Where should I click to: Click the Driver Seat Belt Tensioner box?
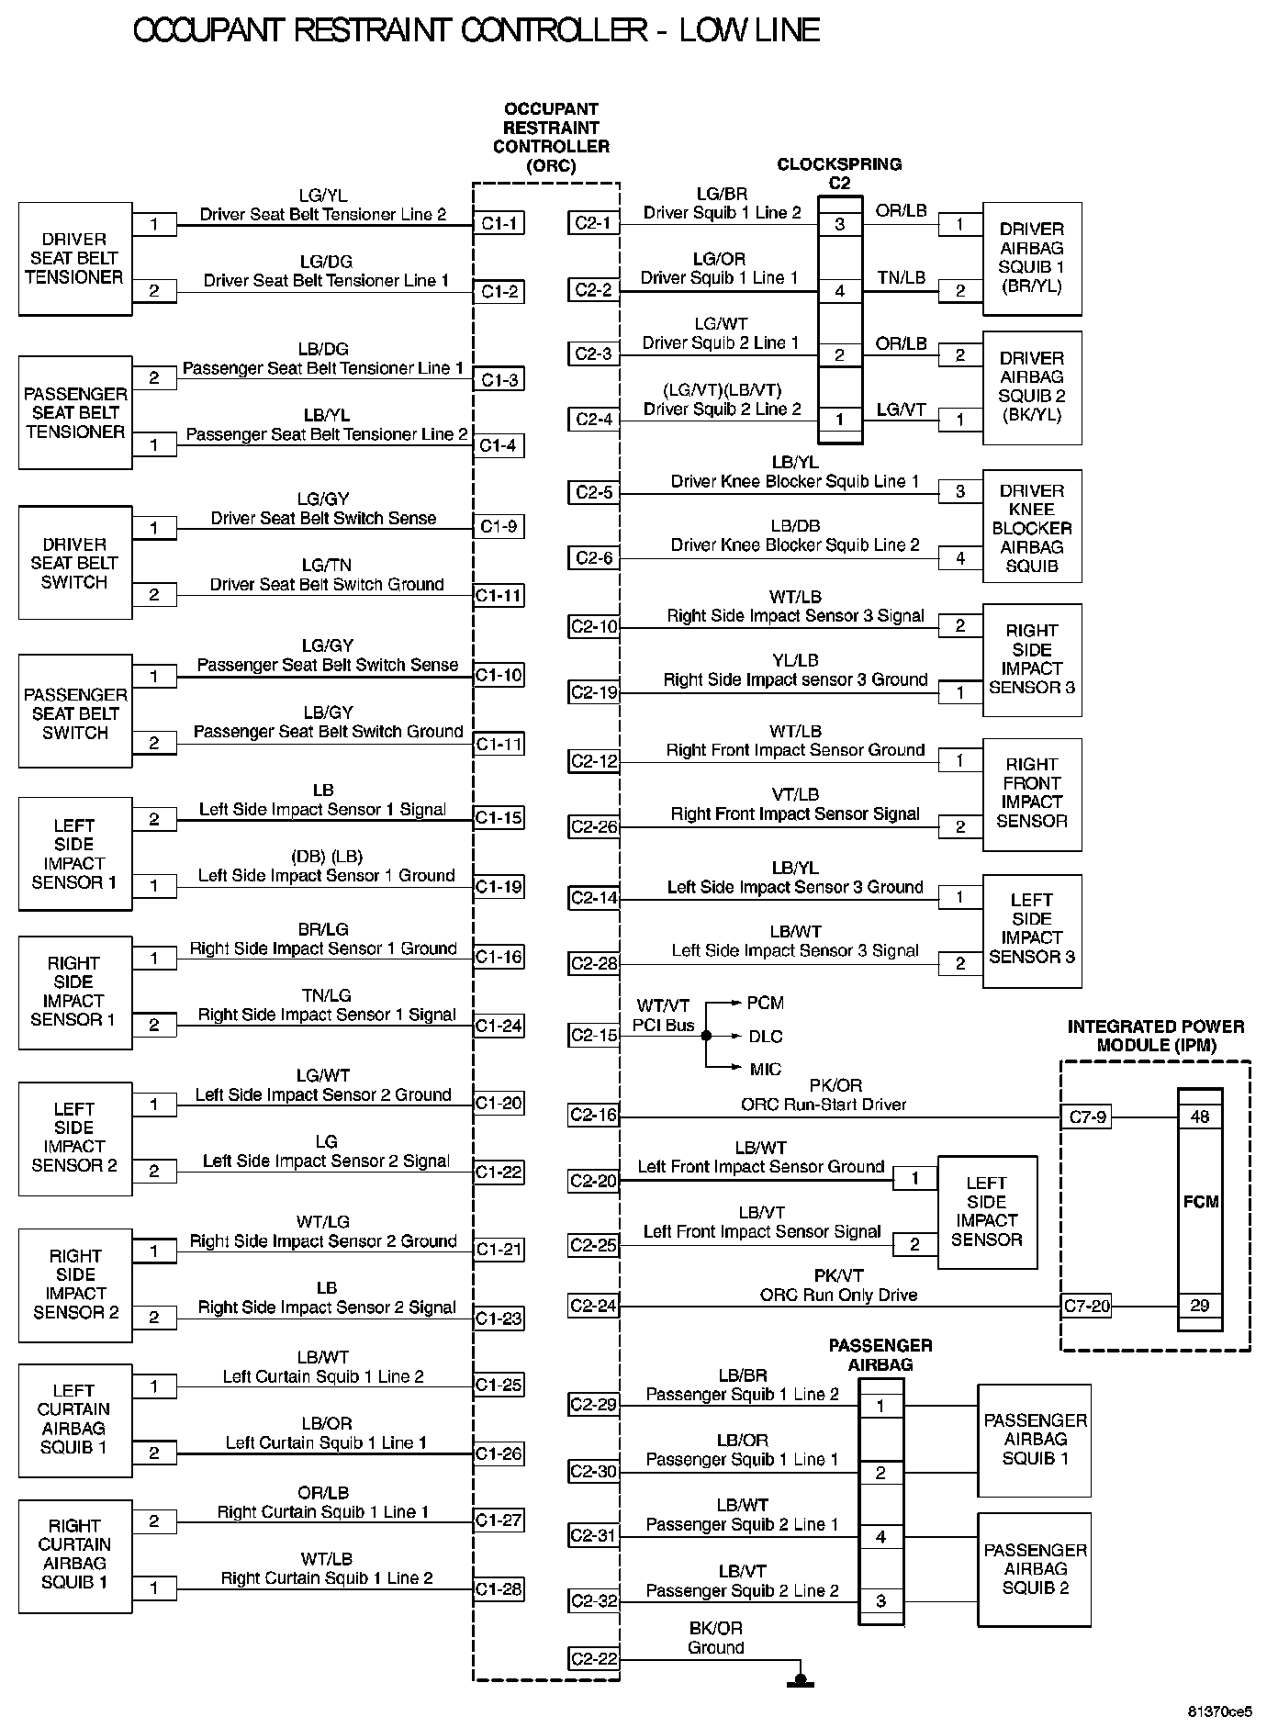(74, 259)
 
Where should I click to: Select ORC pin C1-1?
(499, 223)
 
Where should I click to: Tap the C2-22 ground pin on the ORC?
(594, 1659)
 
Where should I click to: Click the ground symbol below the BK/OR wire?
(800, 1681)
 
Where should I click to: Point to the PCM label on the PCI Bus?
(765, 1003)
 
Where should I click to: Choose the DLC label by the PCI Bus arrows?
(765, 1037)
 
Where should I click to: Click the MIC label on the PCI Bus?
(765, 1069)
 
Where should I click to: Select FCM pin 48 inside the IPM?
(1200, 1117)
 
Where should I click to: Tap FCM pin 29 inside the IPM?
(1200, 1306)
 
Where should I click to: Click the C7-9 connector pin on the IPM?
(1087, 1117)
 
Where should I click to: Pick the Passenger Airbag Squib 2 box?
(1035, 1569)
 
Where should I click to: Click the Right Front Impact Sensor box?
(1032, 794)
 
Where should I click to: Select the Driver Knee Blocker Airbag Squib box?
(1032, 528)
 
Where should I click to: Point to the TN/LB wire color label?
(901, 277)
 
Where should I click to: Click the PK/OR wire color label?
(836, 1085)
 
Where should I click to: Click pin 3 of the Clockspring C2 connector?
(839, 224)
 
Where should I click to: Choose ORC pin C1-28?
(499, 1589)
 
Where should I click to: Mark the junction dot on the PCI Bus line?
(706, 1036)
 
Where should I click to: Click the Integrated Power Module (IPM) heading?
(1156, 1036)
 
